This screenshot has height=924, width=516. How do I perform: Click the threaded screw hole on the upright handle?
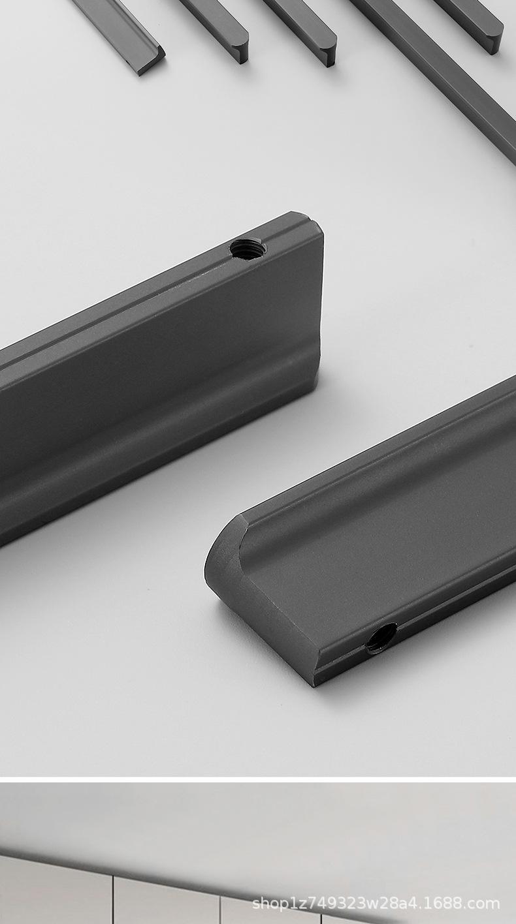pos(248,249)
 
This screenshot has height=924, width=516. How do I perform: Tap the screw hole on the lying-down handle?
pos(381,639)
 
